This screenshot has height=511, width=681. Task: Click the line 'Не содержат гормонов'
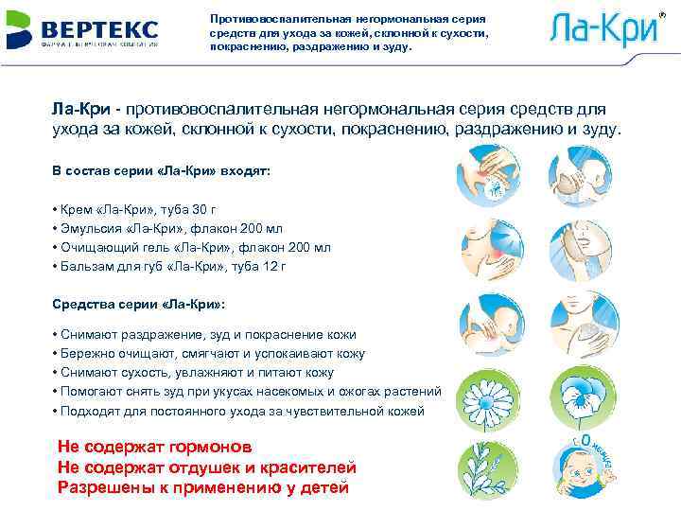coord(155,447)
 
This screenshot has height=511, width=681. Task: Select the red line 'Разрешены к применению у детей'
coord(203,487)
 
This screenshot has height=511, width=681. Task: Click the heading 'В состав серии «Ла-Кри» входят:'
coord(161,173)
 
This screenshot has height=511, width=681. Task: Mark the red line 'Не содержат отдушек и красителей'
coord(206,467)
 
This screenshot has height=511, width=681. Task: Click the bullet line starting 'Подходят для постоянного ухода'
coord(241,411)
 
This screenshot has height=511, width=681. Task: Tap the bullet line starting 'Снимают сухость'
coord(196,373)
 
